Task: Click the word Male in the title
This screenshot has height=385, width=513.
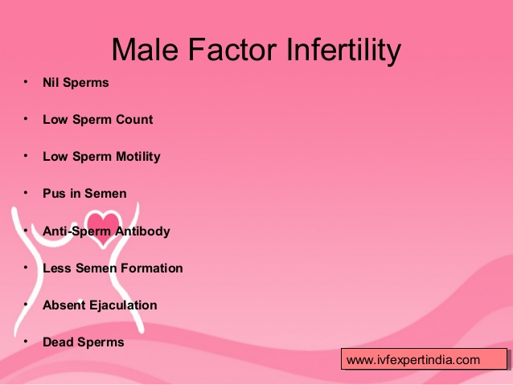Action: pyautogui.click(x=145, y=49)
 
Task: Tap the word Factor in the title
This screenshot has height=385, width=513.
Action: pyautogui.click(x=232, y=49)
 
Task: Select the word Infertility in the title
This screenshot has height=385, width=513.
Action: pyautogui.click(x=343, y=51)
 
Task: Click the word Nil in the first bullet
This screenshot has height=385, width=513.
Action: pyautogui.click(x=51, y=83)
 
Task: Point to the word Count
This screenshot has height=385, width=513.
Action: pyautogui.click(x=134, y=120)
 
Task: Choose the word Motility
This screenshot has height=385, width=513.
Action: pyautogui.click(x=138, y=157)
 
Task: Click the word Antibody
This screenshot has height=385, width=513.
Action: pyautogui.click(x=142, y=231)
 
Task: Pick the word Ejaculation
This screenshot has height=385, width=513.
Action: pyautogui.click(x=123, y=305)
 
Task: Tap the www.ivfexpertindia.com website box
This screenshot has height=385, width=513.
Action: pyautogui.click(x=424, y=359)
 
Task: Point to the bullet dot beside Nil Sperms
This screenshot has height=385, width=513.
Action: pyautogui.click(x=26, y=82)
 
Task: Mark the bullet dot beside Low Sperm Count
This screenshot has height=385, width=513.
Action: pyautogui.click(x=26, y=119)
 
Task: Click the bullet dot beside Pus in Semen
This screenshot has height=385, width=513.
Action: pyautogui.click(x=26, y=193)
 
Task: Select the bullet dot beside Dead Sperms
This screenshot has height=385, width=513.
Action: pyautogui.click(x=26, y=342)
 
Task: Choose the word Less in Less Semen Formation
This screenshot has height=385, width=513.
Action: pyautogui.click(x=57, y=268)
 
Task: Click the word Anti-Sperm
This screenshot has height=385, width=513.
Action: pyautogui.click(x=77, y=231)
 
